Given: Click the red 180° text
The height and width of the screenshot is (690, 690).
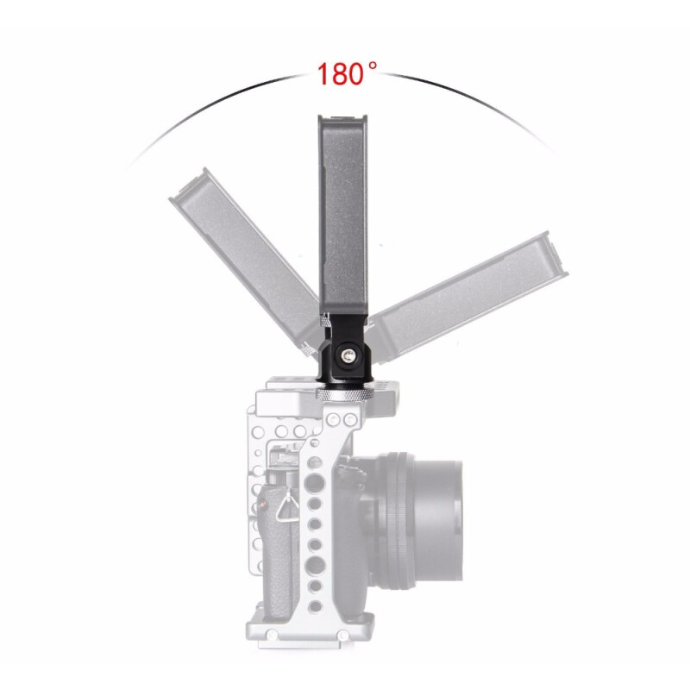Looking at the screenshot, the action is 347,73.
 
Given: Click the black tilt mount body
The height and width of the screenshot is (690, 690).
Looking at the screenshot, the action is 344,351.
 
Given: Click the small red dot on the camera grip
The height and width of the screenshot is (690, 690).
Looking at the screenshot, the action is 263,505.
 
